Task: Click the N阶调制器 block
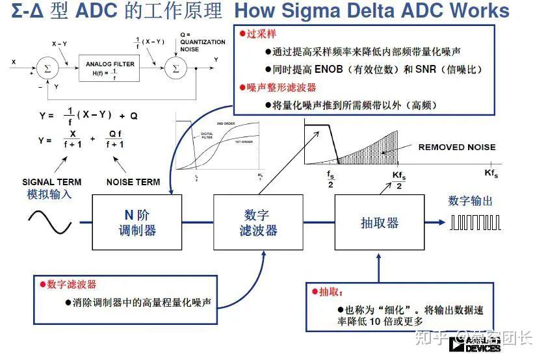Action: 136,222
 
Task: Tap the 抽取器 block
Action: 379,222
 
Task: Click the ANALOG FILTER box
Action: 110,68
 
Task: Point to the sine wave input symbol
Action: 49,223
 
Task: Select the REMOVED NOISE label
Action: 456,147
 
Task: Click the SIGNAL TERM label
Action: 51,182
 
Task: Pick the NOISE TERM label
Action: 133,182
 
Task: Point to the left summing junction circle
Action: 45,68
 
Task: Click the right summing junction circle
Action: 174,68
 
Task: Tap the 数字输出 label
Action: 470,201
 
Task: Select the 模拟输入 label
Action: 49,194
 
